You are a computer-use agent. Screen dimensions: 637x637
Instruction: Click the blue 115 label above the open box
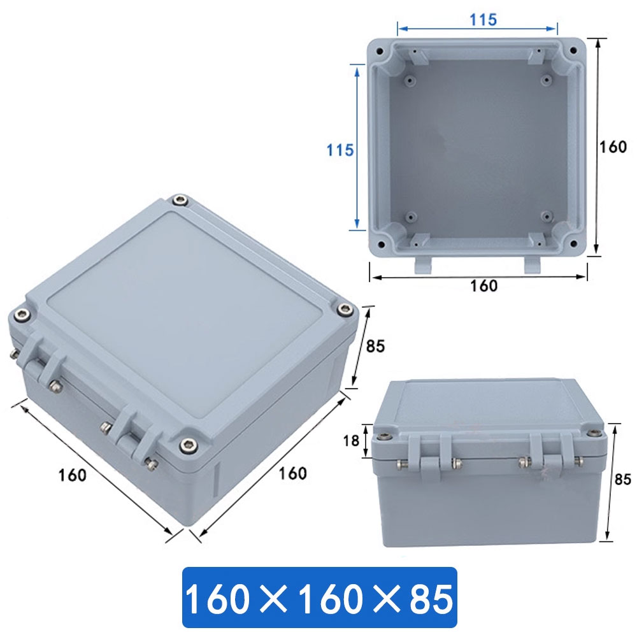483,20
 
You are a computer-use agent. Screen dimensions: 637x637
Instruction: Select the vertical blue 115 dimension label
340,150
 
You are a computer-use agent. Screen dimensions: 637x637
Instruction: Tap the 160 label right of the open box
613,147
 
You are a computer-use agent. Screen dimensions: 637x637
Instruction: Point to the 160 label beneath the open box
483,286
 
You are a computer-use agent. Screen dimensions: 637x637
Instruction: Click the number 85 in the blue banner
428,599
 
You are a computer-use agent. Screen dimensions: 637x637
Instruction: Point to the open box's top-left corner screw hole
380,51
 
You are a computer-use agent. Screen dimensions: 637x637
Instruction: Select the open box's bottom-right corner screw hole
573,243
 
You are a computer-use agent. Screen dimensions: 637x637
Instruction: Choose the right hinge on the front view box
552,457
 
